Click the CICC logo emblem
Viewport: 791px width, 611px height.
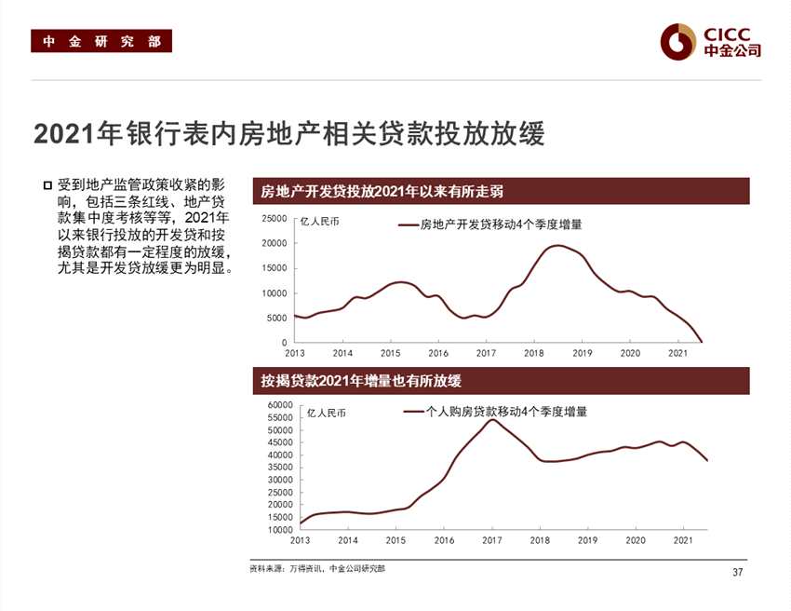click(x=678, y=40)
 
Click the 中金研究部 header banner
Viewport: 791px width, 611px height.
click(x=101, y=42)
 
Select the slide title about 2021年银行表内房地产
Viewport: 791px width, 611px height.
click(x=288, y=133)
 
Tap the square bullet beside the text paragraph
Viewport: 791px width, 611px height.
click(x=47, y=185)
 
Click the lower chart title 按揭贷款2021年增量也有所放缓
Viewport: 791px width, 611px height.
click(x=362, y=381)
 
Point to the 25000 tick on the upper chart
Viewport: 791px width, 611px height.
click(x=275, y=218)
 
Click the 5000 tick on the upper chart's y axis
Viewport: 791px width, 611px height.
click(x=277, y=318)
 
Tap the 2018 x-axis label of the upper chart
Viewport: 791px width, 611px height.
click(x=534, y=354)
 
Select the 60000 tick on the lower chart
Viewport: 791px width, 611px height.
click(x=280, y=405)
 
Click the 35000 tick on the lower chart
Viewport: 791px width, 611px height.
click(x=280, y=468)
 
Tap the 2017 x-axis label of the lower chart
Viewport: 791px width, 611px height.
click(x=492, y=540)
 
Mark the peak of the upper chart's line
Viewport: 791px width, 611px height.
click(x=556, y=245)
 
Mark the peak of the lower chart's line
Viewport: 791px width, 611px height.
click(x=492, y=420)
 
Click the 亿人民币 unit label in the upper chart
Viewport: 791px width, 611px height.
click(x=320, y=222)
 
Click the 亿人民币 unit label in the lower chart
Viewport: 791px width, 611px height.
click(x=326, y=412)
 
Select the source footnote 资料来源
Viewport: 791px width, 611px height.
click(x=316, y=568)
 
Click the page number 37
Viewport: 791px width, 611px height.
click(x=738, y=572)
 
